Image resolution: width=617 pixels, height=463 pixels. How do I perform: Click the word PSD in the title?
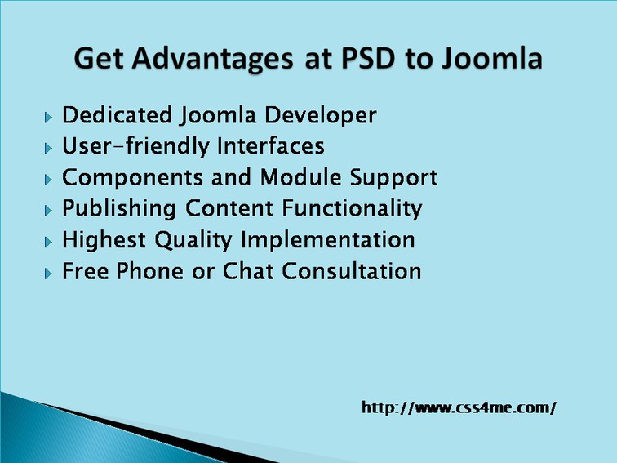click(x=367, y=58)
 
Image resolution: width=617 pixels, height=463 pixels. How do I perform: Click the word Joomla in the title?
click(x=491, y=58)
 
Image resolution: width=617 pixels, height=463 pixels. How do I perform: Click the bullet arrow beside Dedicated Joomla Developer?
click(x=48, y=118)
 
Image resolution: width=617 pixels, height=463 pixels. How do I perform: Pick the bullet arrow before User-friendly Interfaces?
click(x=48, y=149)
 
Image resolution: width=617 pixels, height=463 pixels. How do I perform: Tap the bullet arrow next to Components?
click(x=48, y=180)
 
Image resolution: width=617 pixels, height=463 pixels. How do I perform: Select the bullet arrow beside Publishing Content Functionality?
click(x=48, y=211)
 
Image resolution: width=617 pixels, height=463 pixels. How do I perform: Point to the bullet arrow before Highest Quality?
click(x=48, y=243)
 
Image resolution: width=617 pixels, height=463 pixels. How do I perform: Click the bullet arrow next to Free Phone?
click(x=48, y=274)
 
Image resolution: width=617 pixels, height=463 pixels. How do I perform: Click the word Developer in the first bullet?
click(x=320, y=116)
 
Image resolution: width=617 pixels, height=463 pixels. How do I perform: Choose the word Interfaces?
click(x=271, y=145)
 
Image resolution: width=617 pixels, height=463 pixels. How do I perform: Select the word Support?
click(x=393, y=178)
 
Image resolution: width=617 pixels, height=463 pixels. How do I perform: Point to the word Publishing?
click(x=119, y=209)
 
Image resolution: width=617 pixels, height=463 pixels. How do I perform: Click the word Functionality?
click(x=353, y=209)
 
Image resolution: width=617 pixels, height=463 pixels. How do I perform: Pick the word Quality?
click(x=193, y=241)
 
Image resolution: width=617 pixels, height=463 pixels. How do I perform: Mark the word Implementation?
click(x=328, y=241)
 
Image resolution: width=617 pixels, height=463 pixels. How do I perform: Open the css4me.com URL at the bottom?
click(x=459, y=407)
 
